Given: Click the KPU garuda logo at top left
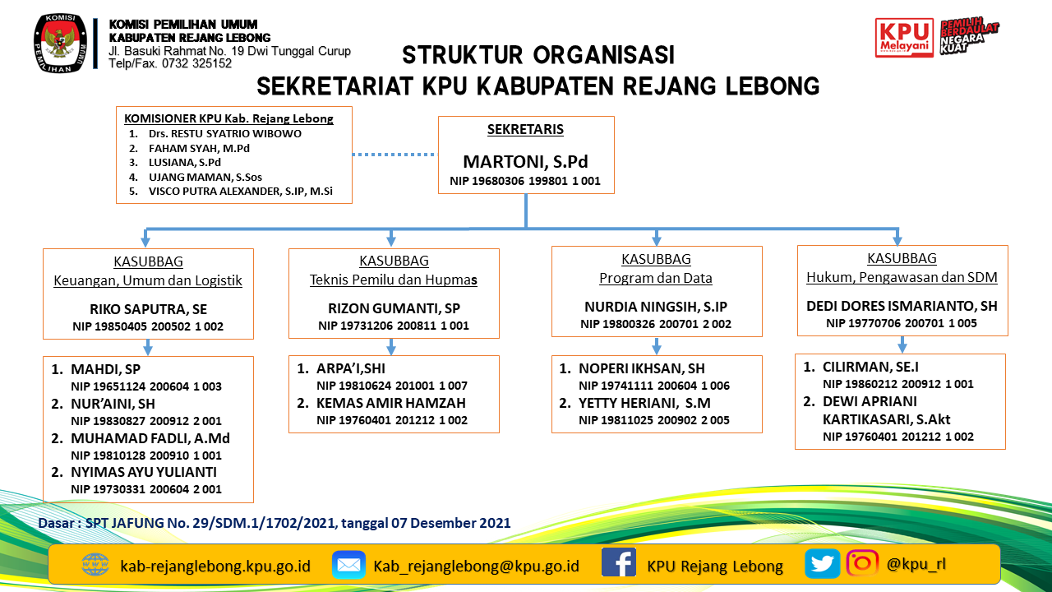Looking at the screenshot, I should click(59, 44).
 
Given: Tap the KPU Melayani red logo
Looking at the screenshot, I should click(904, 38).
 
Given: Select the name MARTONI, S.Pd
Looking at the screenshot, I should click(525, 161).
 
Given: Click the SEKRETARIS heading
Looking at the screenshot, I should click(525, 130).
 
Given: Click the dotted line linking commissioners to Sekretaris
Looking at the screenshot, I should click(394, 154).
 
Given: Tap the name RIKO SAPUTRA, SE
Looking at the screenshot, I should click(148, 310).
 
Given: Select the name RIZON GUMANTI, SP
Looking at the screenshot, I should click(394, 309).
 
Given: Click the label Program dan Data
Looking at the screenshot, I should click(656, 278).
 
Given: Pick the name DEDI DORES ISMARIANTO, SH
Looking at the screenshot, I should click(902, 306).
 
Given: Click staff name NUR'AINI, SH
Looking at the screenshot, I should click(113, 404).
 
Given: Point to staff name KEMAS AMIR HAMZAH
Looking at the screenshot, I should click(391, 403).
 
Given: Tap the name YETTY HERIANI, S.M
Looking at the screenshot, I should click(644, 403).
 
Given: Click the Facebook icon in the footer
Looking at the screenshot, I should click(619, 564).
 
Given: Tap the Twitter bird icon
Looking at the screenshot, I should click(822, 564).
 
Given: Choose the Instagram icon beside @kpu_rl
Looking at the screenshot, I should click(862, 563).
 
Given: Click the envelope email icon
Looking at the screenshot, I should click(348, 565).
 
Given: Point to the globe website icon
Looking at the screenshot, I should click(95, 565).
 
